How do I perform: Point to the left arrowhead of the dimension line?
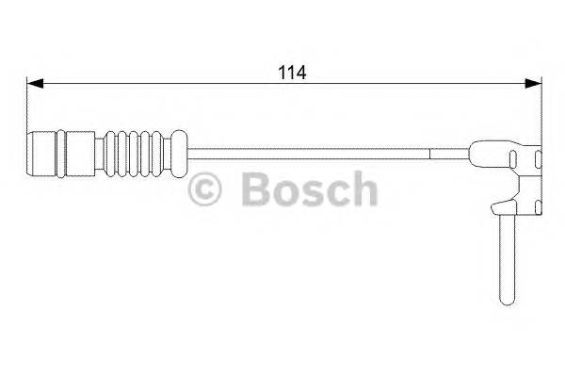coord(31,84)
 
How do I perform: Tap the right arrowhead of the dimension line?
coord(536,84)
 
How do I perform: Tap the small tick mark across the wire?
coord(430,152)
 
